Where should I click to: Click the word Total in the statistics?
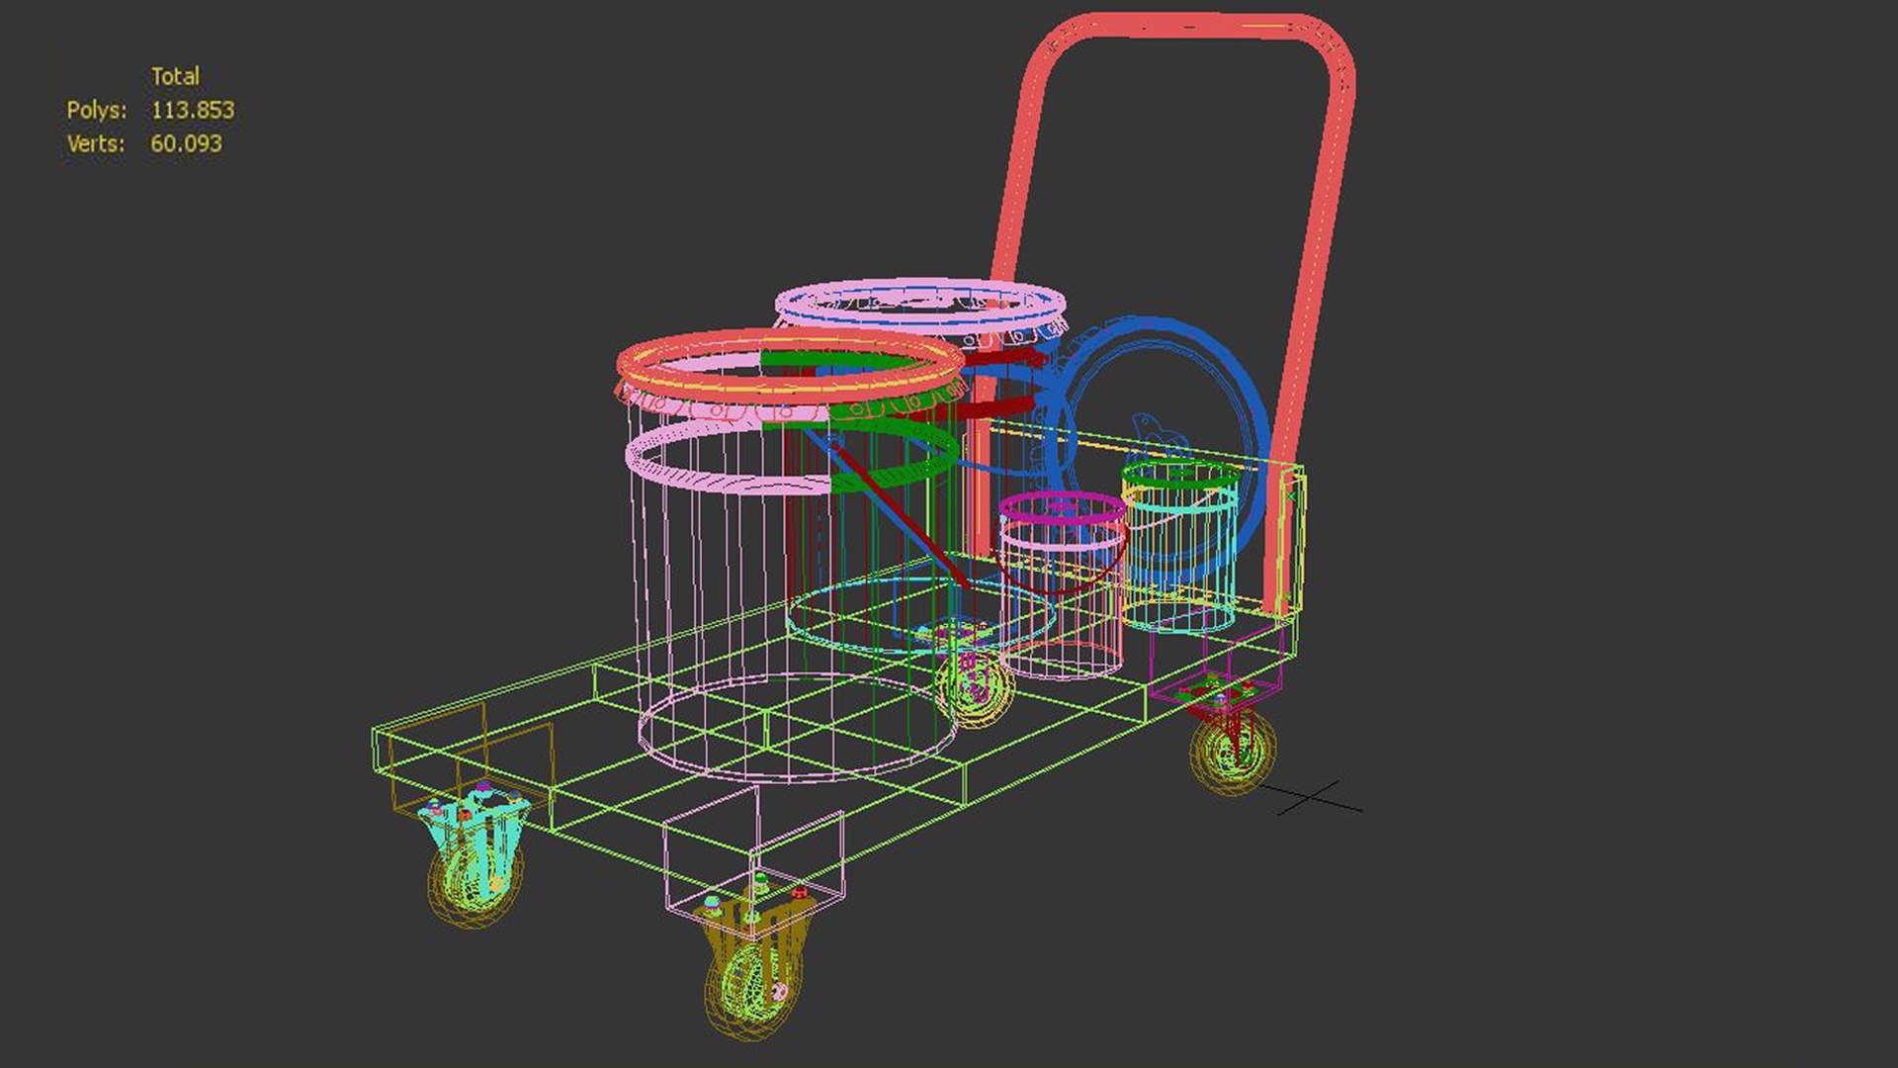(175, 76)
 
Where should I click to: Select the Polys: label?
(96, 110)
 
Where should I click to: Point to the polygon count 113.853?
(193, 110)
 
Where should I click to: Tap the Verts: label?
(96, 143)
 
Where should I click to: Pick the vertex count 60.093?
(186, 143)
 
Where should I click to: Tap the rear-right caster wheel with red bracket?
(1232, 747)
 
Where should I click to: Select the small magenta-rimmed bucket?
(1063, 583)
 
